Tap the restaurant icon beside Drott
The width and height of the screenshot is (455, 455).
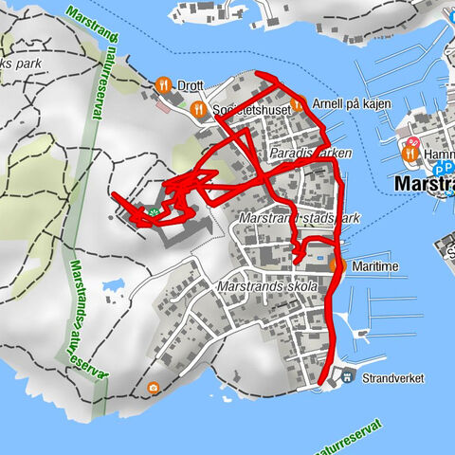click(163, 84)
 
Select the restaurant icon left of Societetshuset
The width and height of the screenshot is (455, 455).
click(198, 110)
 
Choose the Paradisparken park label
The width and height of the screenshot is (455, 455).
click(310, 153)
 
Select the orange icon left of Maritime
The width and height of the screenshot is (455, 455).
click(338, 266)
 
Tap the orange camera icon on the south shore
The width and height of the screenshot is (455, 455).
click(154, 388)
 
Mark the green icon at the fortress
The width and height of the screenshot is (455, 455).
click(151, 211)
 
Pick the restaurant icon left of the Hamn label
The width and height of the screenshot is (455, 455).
click(411, 154)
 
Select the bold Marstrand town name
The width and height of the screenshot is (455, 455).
click(423, 183)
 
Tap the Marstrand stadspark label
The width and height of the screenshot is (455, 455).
click(300, 219)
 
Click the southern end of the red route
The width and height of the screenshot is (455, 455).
click(323, 381)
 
